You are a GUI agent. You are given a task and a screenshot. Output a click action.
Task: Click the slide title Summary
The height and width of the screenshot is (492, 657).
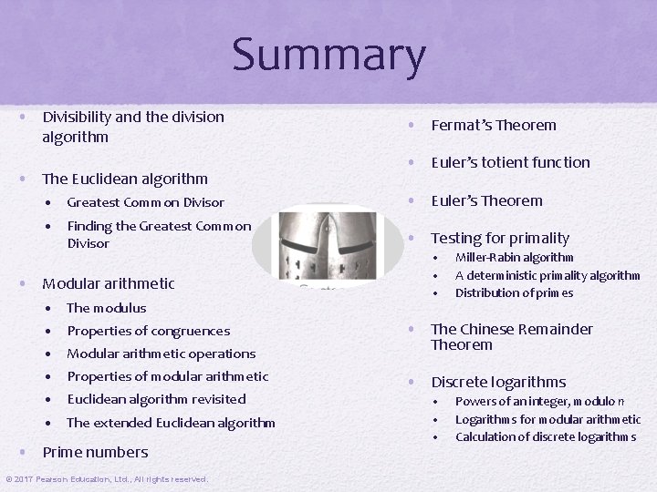tap(328, 55)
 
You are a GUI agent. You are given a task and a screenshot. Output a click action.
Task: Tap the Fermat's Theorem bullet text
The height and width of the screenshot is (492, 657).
tap(493, 126)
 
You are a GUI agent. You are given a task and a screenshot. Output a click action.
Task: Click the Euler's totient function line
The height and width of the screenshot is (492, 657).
tap(510, 163)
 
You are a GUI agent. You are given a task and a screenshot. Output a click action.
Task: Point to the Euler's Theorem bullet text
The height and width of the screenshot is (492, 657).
tap(486, 201)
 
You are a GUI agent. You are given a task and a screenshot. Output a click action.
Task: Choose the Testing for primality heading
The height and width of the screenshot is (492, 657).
tap(499, 239)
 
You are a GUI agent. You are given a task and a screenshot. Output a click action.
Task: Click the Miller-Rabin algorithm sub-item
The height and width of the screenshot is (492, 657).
tap(514, 258)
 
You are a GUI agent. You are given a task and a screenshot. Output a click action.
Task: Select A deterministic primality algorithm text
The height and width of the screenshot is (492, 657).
tap(547, 275)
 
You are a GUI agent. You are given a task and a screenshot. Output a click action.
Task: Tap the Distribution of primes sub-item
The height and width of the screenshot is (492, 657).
tap(514, 292)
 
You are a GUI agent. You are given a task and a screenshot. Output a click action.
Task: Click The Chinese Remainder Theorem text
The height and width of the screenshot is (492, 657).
tap(511, 336)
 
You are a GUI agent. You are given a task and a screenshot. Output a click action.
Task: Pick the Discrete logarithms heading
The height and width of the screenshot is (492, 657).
tap(498, 383)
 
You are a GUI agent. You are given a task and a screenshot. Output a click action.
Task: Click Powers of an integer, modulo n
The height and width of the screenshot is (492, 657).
tap(539, 402)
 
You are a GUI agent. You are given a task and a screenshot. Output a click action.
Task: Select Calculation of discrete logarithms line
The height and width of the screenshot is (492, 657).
tap(546, 436)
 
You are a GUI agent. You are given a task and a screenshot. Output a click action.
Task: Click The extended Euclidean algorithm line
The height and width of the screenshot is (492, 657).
tap(171, 423)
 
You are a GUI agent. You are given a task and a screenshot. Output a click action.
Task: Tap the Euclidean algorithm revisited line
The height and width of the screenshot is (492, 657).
tap(156, 399)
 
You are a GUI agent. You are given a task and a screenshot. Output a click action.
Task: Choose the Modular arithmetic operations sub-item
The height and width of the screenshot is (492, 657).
tap(161, 354)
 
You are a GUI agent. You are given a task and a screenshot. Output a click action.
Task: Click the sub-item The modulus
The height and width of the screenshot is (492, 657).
tap(106, 308)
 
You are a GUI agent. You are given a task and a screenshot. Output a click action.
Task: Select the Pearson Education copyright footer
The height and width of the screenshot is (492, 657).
tap(107, 479)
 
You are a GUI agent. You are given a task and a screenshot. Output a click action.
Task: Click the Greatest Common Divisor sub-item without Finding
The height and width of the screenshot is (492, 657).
tap(145, 202)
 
